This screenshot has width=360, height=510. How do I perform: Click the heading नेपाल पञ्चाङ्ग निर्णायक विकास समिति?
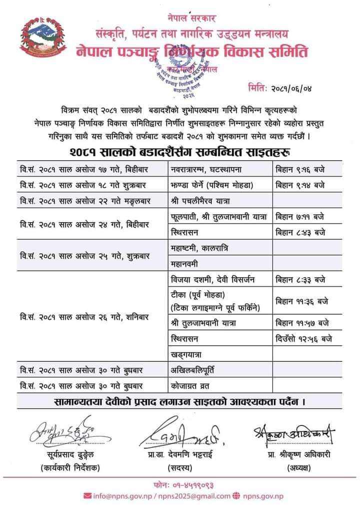tap(192, 52)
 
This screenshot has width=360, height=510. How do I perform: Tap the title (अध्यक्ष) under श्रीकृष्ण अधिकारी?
tap(299, 468)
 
